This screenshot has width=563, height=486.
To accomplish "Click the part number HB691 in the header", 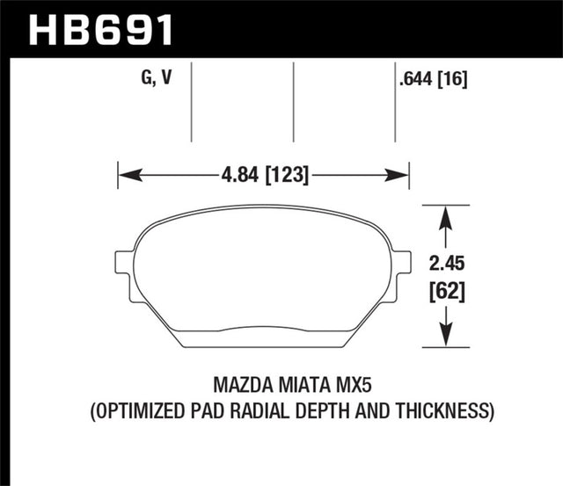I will pyautogui.click(x=101, y=28).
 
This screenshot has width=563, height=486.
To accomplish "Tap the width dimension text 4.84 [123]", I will pyautogui.click(x=263, y=175).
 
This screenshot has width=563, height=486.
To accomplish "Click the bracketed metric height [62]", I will pyautogui.click(x=447, y=289).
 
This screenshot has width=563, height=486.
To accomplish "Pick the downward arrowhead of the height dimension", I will pyautogui.click(x=446, y=337).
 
